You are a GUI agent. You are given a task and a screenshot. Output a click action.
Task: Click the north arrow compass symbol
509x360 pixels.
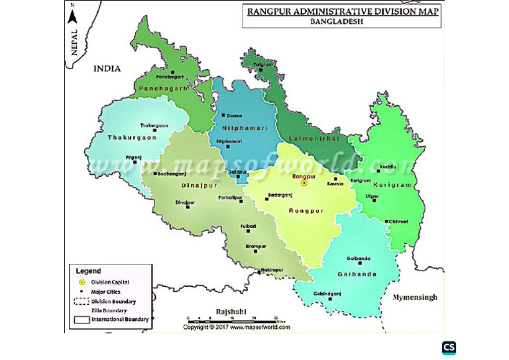73,15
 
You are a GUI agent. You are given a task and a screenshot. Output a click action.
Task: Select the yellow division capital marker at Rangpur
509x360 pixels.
304,183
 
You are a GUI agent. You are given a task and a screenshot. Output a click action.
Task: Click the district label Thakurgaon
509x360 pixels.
132,137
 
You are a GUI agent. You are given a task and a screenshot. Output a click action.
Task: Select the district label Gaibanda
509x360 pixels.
357,274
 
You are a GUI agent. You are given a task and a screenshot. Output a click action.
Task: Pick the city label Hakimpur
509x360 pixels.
272,270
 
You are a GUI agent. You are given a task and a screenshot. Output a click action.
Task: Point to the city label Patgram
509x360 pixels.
263,64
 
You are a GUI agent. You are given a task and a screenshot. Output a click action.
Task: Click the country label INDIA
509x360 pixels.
107,68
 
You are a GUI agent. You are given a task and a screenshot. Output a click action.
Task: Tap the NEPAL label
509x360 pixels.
74,42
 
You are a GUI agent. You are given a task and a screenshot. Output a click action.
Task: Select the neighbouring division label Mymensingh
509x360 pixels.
414,297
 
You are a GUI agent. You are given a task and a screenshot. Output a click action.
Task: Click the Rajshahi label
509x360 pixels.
231,311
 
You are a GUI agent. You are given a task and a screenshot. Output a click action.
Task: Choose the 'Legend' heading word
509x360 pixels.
88,271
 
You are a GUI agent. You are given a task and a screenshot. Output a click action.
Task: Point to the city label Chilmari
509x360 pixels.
398,221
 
